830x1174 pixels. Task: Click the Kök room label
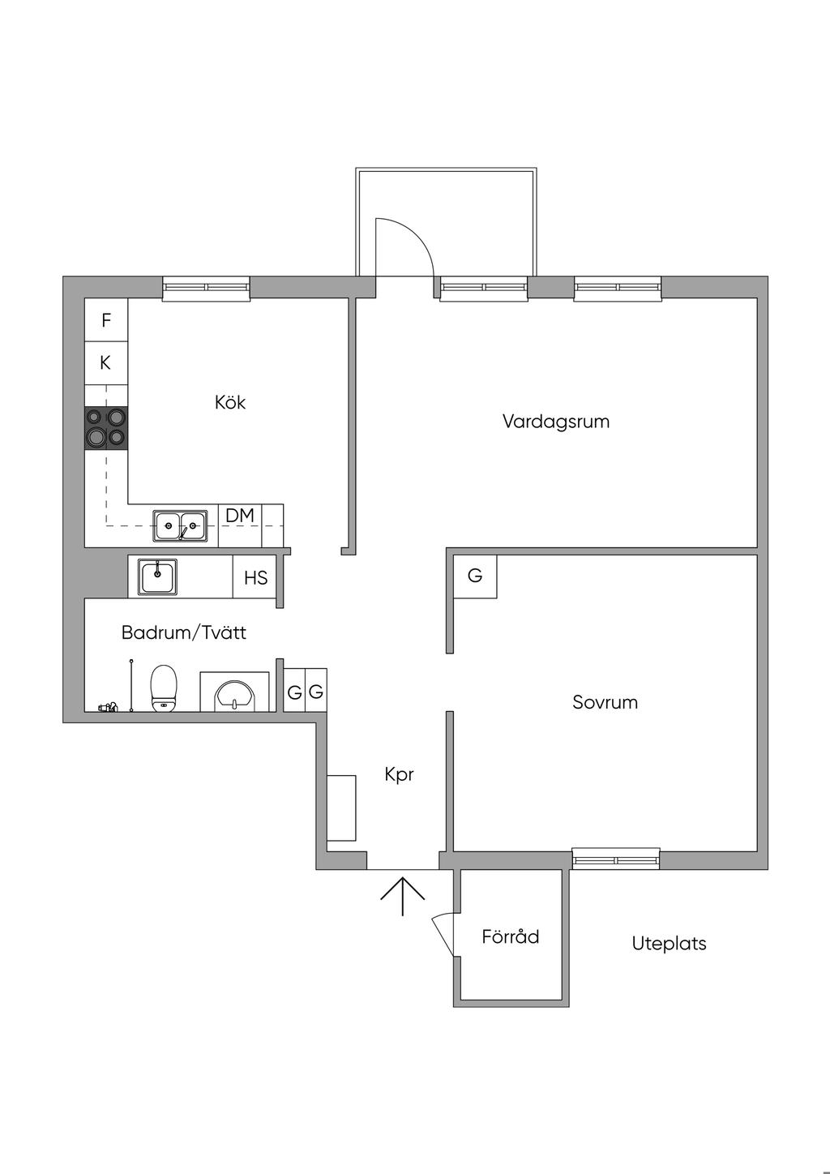pyautogui.click(x=230, y=402)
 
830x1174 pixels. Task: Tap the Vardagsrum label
pyautogui.click(x=556, y=422)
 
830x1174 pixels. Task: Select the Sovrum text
pyautogui.click(x=605, y=702)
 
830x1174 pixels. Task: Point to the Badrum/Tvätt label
pyautogui.click(x=184, y=632)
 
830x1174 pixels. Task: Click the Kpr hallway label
pyautogui.click(x=400, y=775)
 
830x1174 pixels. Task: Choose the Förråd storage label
pyautogui.click(x=511, y=937)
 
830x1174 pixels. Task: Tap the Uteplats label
pyautogui.click(x=670, y=944)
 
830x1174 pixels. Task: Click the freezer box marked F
pyautogui.click(x=106, y=320)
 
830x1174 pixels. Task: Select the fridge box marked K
pyautogui.click(x=106, y=362)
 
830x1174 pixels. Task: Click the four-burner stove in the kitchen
pyautogui.click(x=106, y=427)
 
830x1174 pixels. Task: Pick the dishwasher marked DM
pyautogui.click(x=240, y=516)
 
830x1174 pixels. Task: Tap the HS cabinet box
pyautogui.click(x=255, y=577)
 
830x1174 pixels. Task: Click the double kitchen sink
pyautogui.click(x=181, y=526)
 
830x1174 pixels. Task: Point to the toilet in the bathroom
pyautogui.click(x=164, y=688)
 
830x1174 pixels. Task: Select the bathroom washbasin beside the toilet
pyautogui.click(x=234, y=694)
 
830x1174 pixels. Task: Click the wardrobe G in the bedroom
pyautogui.click(x=475, y=576)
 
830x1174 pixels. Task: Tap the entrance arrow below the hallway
pyautogui.click(x=403, y=894)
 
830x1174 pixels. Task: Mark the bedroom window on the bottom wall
pyautogui.click(x=616, y=859)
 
